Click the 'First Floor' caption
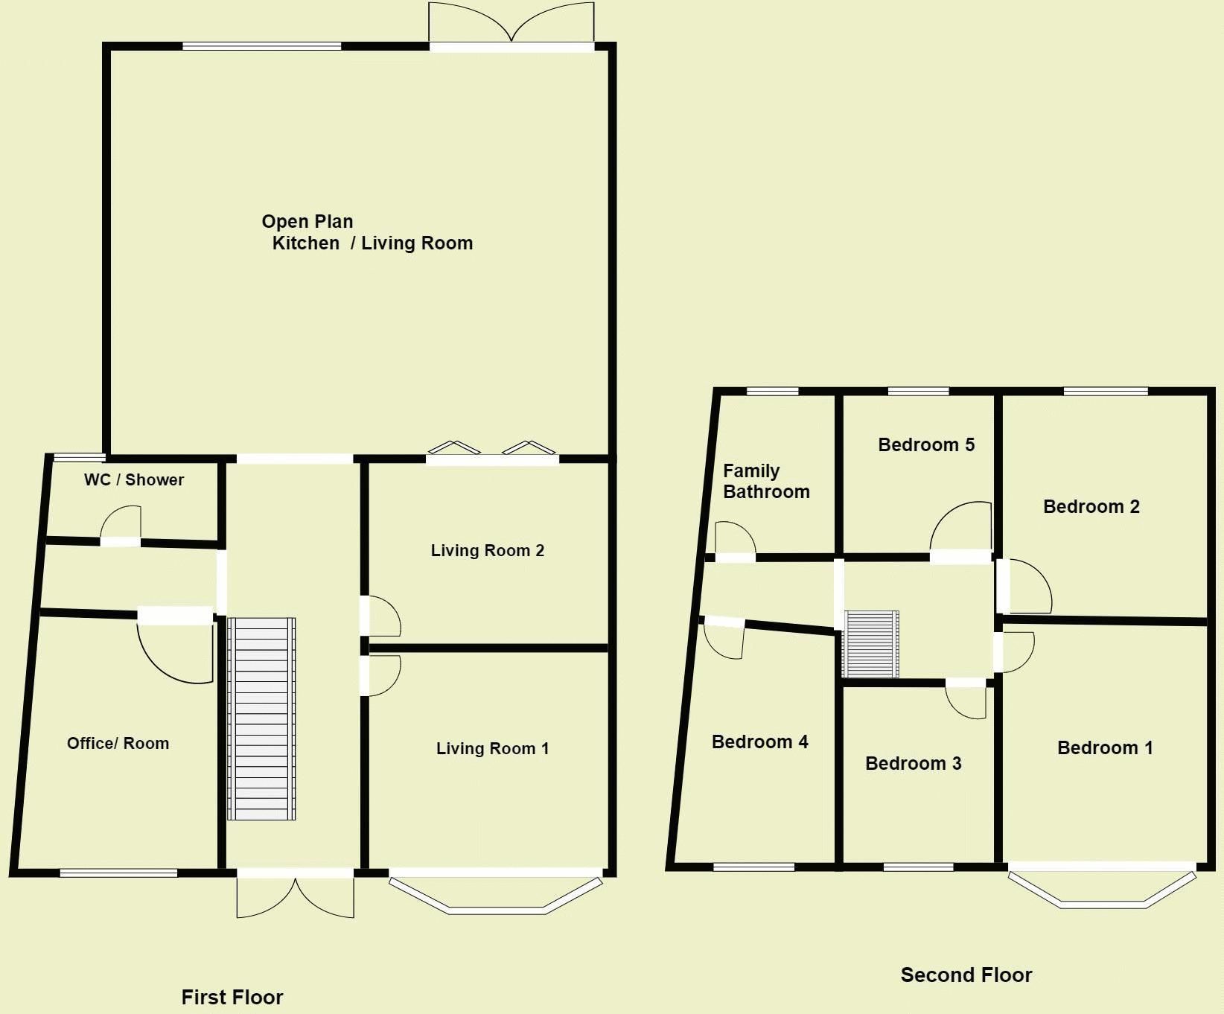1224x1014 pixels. click(x=232, y=997)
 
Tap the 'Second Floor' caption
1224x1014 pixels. click(x=966, y=975)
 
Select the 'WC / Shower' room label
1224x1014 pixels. click(x=134, y=479)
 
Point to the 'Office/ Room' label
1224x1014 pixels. click(x=118, y=743)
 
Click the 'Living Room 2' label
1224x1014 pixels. click(x=487, y=550)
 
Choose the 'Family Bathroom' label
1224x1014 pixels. click(x=765, y=481)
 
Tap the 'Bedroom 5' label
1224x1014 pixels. click(x=925, y=444)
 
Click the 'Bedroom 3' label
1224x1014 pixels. click(x=913, y=763)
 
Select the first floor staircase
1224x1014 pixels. click(x=261, y=718)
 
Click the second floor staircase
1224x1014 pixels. click(x=870, y=644)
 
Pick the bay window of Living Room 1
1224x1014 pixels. click(x=496, y=894)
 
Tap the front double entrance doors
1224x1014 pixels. click(x=296, y=896)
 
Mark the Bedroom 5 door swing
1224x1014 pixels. click(x=961, y=527)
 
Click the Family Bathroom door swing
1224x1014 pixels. click(x=735, y=538)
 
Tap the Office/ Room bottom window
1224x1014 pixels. click(x=118, y=873)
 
